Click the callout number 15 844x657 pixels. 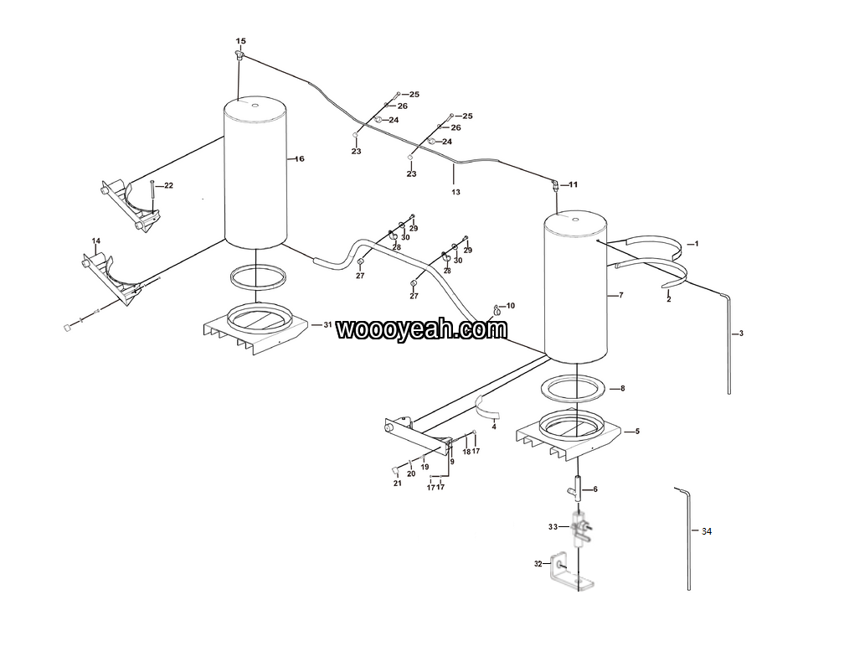coord(240,41)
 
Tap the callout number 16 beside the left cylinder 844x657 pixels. coord(300,159)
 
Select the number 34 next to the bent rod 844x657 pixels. coord(707,531)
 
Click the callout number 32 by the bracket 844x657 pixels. coord(538,564)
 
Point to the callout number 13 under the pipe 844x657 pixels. coord(455,192)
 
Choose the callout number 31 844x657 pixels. coord(327,325)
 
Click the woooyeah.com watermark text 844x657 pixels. coord(421,329)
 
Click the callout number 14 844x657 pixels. coord(95,241)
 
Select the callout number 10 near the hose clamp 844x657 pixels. coord(510,306)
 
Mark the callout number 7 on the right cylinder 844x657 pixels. coord(620,295)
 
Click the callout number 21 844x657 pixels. coord(397,483)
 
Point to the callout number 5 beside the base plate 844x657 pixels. coord(637,432)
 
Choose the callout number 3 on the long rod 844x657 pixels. coord(741,334)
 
